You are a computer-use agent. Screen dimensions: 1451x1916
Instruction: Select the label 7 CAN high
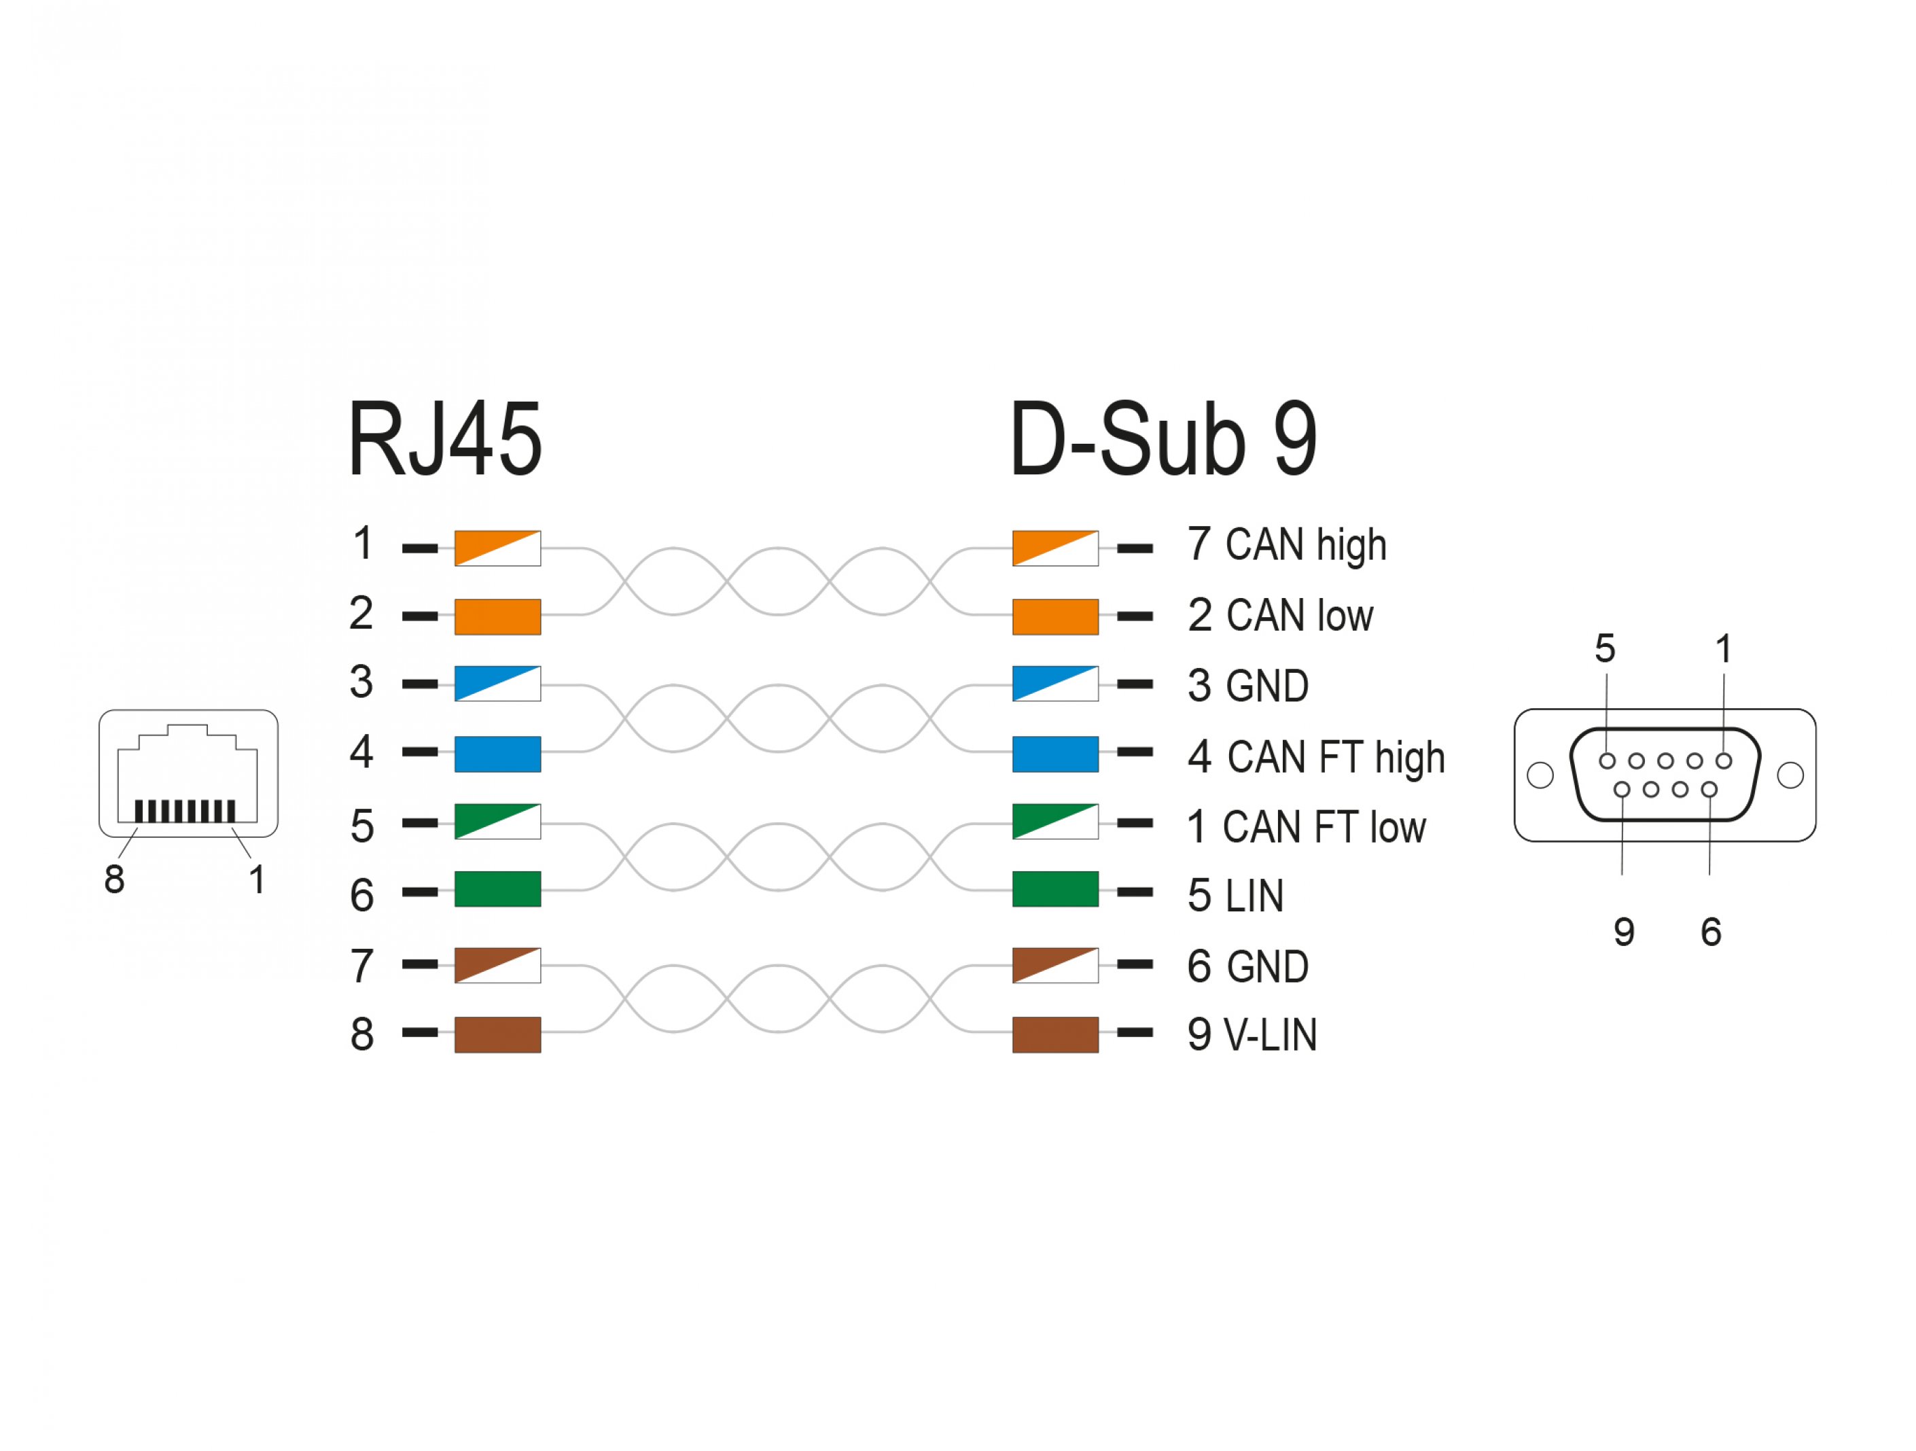coord(1287,546)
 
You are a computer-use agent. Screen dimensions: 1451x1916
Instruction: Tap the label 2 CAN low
coord(1280,616)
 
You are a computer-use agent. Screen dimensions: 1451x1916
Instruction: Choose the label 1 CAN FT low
coord(1306,827)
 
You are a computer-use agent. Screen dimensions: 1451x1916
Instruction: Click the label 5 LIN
coord(1235,896)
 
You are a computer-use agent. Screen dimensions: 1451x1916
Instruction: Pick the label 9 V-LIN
coord(1252,1035)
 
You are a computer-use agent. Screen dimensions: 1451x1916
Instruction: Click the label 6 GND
coord(1247,966)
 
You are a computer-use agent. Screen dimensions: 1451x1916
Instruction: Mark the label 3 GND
coord(1247,686)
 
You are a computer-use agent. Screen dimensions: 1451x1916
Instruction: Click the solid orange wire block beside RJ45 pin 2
coord(497,617)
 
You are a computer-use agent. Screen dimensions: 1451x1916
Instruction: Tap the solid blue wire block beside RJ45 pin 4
coord(497,754)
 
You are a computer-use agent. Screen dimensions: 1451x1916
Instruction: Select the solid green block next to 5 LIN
coord(1055,890)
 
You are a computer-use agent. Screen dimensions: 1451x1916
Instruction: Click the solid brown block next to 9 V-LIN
coord(1055,1035)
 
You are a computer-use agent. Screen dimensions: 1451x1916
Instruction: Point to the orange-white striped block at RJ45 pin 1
coord(497,548)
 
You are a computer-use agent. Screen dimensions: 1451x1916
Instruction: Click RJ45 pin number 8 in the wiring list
coord(362,1034)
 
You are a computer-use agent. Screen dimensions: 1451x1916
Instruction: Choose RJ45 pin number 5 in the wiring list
coord(362,826)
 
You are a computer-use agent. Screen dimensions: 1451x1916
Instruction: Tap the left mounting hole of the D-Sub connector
coord(1540,775)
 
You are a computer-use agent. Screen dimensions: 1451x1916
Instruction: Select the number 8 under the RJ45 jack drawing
coord(114,879)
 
